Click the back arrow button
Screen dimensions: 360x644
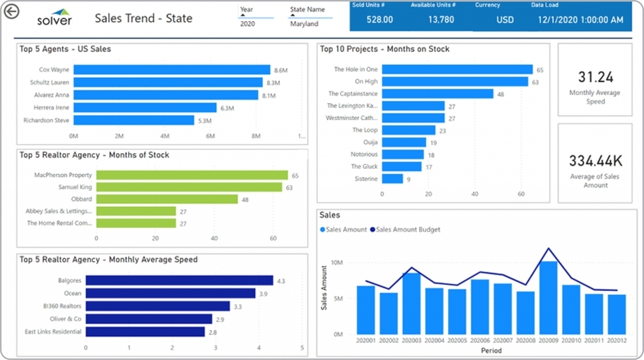pos(11,11)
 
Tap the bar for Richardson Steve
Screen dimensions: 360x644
pos(134,121)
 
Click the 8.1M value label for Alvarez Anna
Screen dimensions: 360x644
pos(268,96)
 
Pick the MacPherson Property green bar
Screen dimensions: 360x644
pos(192,175)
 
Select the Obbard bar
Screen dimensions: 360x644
pos(167,199)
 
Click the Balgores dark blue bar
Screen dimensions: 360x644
pos(179,281)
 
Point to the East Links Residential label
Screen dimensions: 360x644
pos(53,332)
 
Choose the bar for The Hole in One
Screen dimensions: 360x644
pos(458,69)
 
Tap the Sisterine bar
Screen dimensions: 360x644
pos(393,179)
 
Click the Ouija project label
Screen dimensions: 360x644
pos(369,142)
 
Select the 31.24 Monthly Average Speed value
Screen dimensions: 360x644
pos(596,77)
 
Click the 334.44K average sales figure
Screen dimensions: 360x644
pos(596,161)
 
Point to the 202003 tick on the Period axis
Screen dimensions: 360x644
pos(411,340)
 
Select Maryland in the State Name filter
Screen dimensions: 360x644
pos(304,24)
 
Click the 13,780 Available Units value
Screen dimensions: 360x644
pos(441,20)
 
